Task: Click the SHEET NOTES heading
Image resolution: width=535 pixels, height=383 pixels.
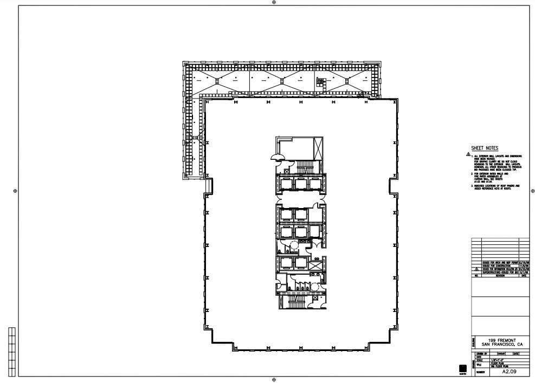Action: [484, 148]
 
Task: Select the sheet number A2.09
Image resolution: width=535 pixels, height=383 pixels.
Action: [508, 372]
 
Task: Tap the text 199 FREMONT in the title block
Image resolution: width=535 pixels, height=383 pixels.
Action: [500, 340]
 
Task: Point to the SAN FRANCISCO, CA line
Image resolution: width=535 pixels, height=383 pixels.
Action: [500, 345]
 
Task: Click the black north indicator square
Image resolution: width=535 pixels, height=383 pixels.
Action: [463, 368]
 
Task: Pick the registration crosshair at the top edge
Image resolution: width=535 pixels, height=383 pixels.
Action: [274, 2]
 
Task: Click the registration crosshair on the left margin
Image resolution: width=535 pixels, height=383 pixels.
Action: [15, 191]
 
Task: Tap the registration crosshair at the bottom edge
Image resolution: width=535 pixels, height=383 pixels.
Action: [274, 380]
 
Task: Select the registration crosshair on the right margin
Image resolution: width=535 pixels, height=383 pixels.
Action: [533, 191]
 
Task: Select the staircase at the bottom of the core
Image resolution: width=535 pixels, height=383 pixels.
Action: [296, 302]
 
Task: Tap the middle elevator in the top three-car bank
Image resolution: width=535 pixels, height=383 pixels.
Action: [301, 184]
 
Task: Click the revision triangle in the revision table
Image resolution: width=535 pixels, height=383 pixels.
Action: [476, 269]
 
